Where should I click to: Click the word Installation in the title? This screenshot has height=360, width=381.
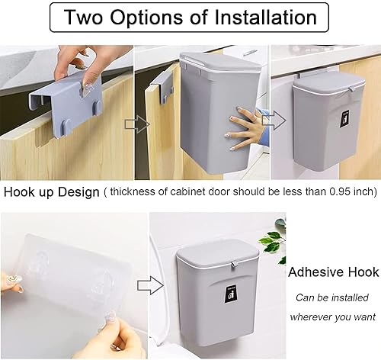(x=266, y=17)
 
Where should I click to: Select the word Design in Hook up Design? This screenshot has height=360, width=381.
(x=78, y=192)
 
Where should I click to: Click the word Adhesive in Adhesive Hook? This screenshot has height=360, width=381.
(x=315, y=272)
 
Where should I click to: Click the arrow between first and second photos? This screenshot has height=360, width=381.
(x=137, y=124)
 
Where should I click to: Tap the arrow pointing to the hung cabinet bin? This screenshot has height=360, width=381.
(x=274, y=121)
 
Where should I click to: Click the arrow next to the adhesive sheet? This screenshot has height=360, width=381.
(x=150, y=285)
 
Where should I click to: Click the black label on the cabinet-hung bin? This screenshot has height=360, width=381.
(x=344, y=120)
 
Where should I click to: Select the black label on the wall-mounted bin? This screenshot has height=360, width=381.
(x=231, y=295)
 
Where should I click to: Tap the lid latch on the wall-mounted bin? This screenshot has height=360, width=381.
(x=233, y=265)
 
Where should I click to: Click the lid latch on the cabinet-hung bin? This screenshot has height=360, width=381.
(x=351, y=89)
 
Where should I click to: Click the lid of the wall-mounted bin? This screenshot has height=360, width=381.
(x=217, y=254)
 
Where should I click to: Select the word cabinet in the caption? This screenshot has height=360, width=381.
(x=187, y=191)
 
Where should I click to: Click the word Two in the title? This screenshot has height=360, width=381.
(x=83, y=17)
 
